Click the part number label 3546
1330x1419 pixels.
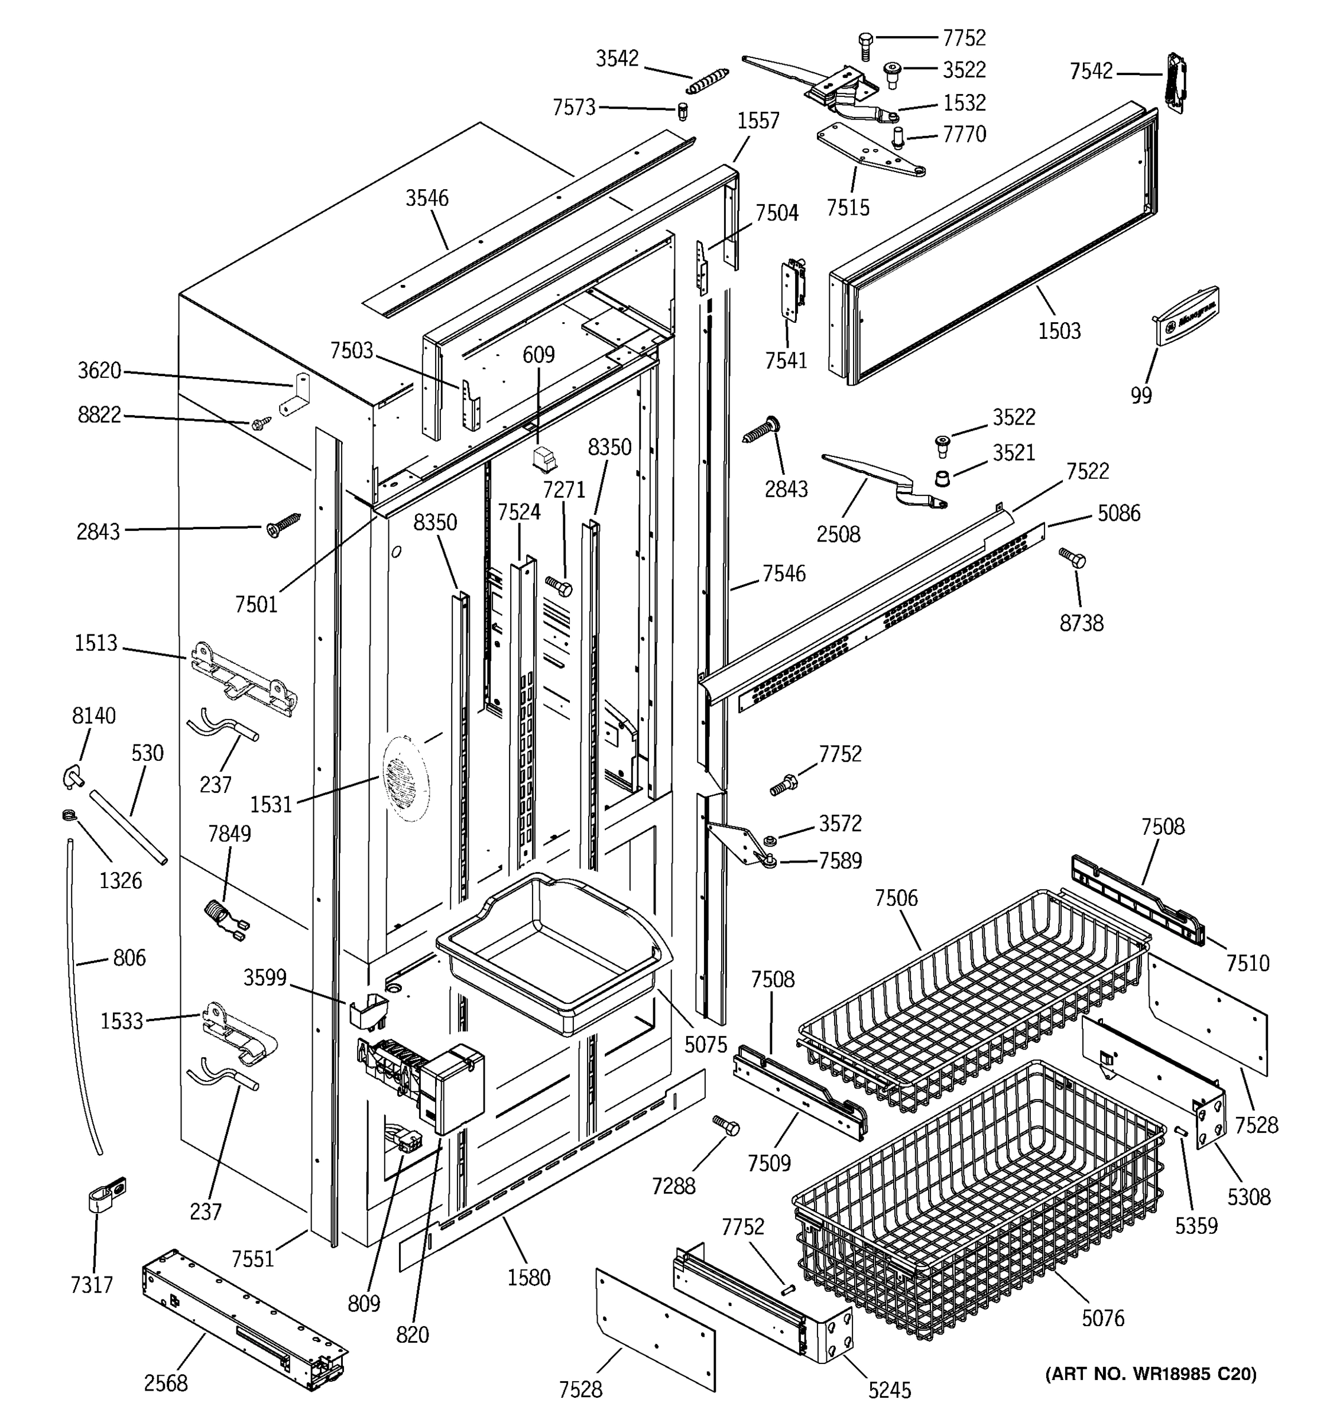click(x=427, y=199)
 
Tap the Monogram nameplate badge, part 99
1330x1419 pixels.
click(x=1186, y=316)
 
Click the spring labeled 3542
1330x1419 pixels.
click(x=707, y=80)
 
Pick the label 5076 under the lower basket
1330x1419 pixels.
click(x=1102, y=1318)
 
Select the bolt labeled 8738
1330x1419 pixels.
click(x=1072, y=558)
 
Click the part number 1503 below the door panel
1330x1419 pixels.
click(x=1059, y=331)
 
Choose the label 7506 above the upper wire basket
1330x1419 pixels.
click(x=896, y=898)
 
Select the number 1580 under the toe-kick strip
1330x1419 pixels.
click(x=528, y=1277)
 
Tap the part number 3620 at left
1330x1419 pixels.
click(x=99, y=371)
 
